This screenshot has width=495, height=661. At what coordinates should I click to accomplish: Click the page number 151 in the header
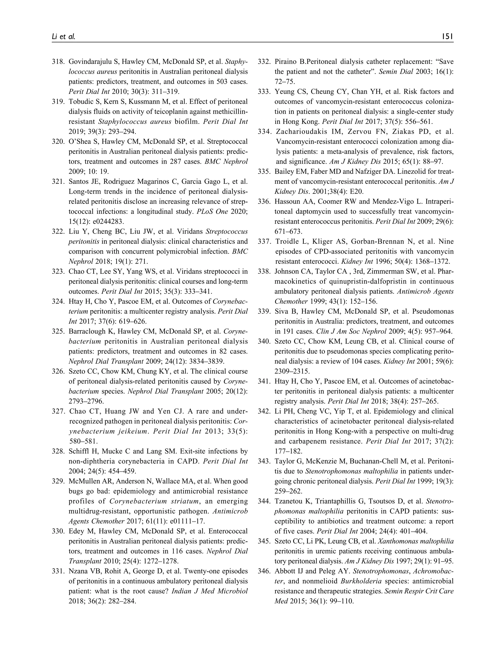pyautogui.click(x=448, y=37)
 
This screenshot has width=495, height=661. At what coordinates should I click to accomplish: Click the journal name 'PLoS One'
pyautogui.click(x=212, y=212)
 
